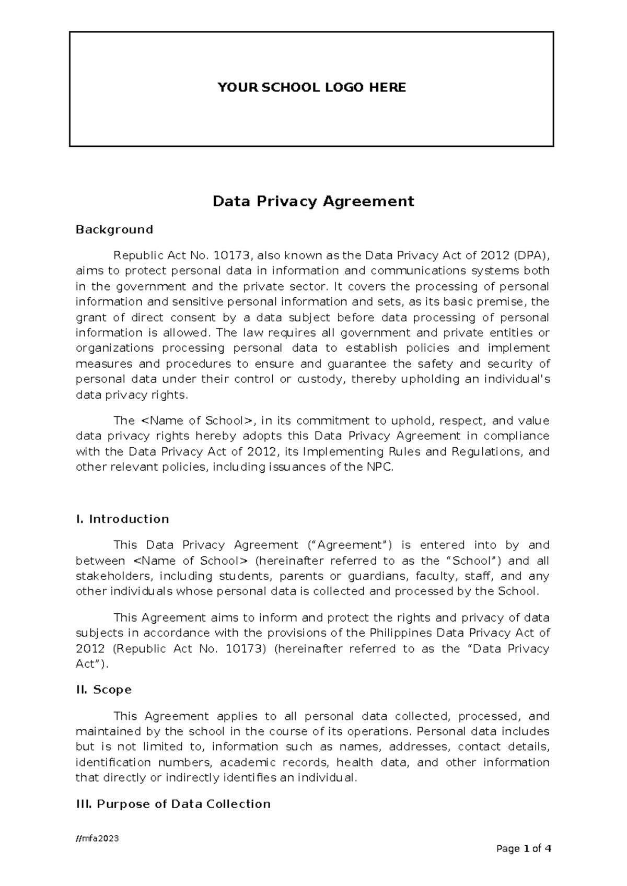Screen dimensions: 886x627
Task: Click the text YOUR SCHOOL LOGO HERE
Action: point(311,87)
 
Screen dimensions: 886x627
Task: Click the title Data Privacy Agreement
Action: point(313,201)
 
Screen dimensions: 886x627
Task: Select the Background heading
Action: point(114,229)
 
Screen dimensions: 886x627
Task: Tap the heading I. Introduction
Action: point(122,519)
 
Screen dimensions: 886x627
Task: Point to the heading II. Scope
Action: point(103,690)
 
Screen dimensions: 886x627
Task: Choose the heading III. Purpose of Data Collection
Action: point(173,803)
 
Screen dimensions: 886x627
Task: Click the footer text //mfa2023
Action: point(97,838)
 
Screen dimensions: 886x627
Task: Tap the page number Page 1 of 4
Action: point(524,849)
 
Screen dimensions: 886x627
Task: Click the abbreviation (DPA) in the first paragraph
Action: point(531,255)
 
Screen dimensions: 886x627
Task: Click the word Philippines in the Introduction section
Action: point(401,633)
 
